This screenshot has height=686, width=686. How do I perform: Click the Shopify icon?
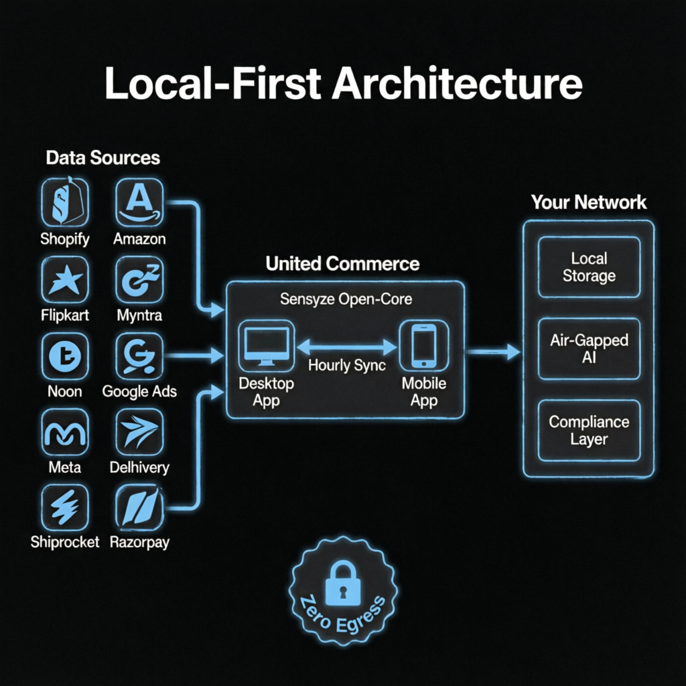(x=65, y=202)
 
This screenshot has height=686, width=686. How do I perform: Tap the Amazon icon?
(x=139, y=202)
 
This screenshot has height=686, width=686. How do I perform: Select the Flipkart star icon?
(x=65, y=280)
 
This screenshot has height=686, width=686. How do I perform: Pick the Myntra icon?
(x=139, y=280)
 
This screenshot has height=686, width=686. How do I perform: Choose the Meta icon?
(x=65, y=432)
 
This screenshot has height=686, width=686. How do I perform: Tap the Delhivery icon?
(x=139, y=432)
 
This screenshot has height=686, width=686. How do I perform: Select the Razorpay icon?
(x=139, y=508)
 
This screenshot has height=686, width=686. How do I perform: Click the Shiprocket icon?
(x=65, y=508)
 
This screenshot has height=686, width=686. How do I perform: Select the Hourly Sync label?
(x=347, y=365)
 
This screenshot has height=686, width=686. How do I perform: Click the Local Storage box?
(x=589, y=267)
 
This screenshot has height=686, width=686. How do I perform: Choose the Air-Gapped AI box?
(x=589, y=348)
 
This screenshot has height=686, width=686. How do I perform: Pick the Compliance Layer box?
(x=589, y=431)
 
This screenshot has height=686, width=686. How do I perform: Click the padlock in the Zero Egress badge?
(x=344, y=584)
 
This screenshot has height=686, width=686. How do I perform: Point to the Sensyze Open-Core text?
(x=346, y=299)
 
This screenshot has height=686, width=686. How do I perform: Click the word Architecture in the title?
(x=457, y=83)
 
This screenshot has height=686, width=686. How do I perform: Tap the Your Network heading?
(x=589, y=202)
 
